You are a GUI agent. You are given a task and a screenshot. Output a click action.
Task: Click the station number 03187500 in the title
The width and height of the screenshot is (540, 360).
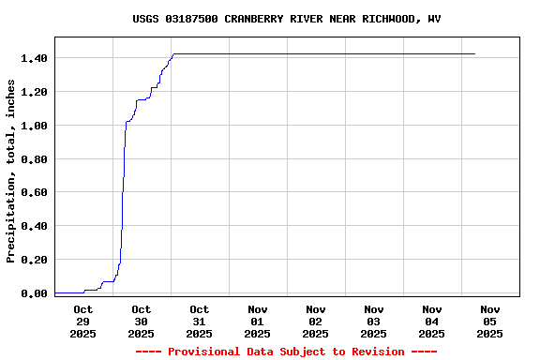[194, 19]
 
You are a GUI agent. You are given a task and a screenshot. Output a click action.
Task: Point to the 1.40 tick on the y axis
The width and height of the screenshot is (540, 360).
[34, 58]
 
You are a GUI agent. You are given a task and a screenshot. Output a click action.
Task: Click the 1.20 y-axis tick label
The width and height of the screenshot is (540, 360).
[34, 92]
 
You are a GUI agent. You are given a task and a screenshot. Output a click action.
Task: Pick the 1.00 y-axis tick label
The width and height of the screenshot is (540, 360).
[34, 126]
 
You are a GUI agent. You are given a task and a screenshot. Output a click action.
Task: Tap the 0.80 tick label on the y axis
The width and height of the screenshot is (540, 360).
[34, 159]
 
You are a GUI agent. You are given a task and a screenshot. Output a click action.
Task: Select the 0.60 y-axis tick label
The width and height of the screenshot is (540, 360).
[34, 193]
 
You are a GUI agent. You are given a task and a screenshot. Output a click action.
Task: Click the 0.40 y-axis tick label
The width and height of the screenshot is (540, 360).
[34, 226]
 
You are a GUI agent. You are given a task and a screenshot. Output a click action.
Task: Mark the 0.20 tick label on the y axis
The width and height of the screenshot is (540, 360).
[34, 260]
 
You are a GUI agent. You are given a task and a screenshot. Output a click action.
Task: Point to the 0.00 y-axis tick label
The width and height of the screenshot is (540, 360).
[34, 293]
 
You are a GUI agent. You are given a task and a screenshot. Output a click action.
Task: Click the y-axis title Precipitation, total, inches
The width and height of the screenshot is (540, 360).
[11, 171]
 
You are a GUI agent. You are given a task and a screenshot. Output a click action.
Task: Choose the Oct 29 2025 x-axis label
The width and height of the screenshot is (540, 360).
[83, 321]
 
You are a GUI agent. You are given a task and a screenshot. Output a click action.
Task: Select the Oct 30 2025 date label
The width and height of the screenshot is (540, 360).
[142, 321]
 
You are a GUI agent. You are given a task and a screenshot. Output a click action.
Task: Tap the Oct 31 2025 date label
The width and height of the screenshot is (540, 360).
[200, 321]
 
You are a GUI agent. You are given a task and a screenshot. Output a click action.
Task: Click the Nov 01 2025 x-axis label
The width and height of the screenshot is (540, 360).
[258, 321]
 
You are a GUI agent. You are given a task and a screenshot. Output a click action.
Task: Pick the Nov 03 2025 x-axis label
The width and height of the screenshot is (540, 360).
[374, 321]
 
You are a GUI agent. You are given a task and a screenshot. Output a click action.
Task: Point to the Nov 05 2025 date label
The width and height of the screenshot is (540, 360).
[490, 321]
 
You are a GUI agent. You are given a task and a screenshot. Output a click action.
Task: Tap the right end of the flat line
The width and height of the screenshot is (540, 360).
[475, 54]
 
